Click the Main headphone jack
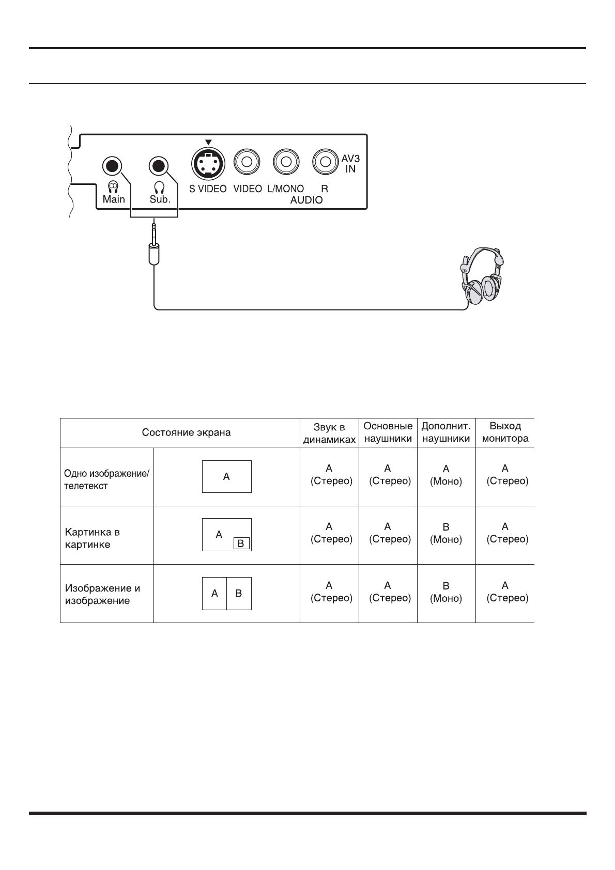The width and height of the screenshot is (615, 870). click(x=113, y=166)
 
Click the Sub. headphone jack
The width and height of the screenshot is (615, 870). click(x=159, y=166)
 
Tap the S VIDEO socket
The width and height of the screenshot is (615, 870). click(x=208, y=163)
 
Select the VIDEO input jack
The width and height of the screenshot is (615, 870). click(x=247, y=162)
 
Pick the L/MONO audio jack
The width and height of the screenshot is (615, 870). click(x=286, y=162)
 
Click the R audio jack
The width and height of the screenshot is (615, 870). click(x=325, y=162)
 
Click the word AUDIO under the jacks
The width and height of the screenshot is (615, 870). click(x=306, y=200)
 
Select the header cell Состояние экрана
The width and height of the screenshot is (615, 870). click(x=186, y=433)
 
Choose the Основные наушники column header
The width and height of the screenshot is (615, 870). click(x=388, y=432)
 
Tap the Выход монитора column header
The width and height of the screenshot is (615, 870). click(x=505, y=432)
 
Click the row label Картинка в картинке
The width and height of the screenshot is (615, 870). click(x=93, y=538)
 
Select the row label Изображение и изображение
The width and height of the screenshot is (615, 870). click(x=102, y=594)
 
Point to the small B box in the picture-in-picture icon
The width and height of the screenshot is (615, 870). click(x=241, y=543)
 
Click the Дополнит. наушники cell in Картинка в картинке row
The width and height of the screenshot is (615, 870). click(x=446, y=533)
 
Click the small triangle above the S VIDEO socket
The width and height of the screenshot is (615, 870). click(x=208, y=142)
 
